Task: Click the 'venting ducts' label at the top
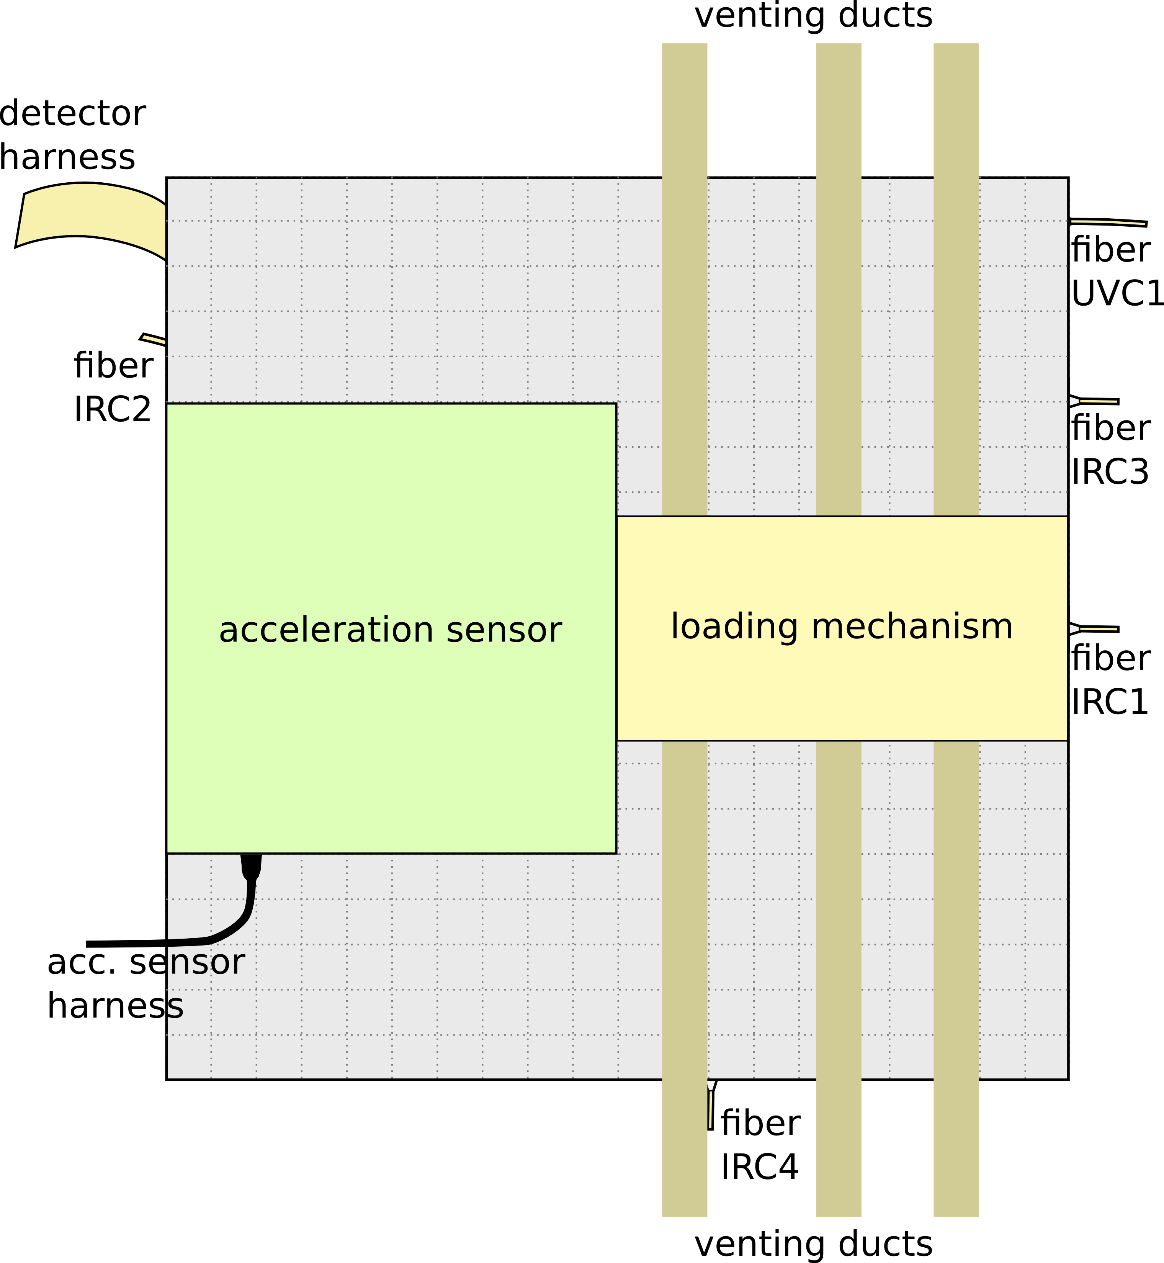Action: coord(813,16)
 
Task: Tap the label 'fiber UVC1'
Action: coord(1115,271)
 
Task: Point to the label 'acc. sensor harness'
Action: coord(145,983)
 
